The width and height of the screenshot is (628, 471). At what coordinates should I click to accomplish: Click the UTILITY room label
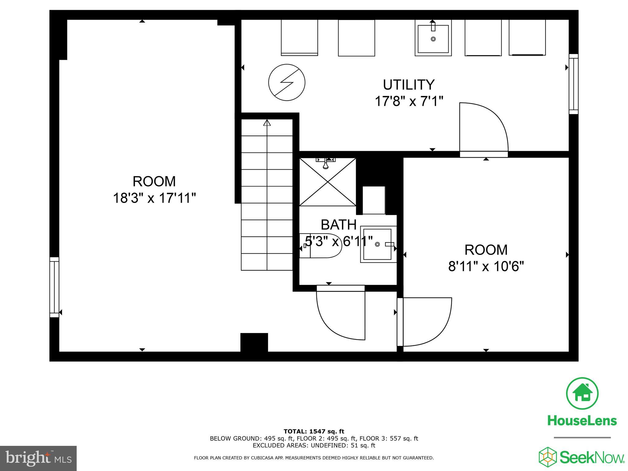point(409,85)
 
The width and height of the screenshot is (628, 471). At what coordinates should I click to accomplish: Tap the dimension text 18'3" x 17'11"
point(154,198)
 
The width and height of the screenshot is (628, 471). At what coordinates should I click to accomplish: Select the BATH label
point(339,225)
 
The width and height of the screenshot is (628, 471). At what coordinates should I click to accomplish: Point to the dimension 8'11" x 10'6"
point(486,266)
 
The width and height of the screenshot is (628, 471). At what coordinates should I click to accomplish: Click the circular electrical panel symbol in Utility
point(287,82)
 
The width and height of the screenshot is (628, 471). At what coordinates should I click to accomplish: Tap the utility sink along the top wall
point(433,38)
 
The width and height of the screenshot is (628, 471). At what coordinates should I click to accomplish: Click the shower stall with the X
point(327,182)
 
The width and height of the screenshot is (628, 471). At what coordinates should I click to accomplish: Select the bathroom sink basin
point(377,244)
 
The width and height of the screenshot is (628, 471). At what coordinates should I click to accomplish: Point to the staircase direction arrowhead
point(267,123)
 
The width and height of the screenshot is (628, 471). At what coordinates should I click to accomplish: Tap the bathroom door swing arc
point(340,316)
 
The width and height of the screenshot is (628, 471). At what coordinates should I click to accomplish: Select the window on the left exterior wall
point(54,287)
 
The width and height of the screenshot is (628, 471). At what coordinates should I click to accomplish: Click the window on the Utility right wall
point(573,84)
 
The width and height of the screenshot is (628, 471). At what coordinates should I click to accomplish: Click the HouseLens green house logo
point(582,394)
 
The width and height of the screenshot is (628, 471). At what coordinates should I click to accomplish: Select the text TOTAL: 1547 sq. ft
point(314,432)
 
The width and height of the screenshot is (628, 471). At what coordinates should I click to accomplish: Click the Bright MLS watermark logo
point(38,458)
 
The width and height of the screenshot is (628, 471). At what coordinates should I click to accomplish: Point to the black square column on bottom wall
point(254,342)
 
